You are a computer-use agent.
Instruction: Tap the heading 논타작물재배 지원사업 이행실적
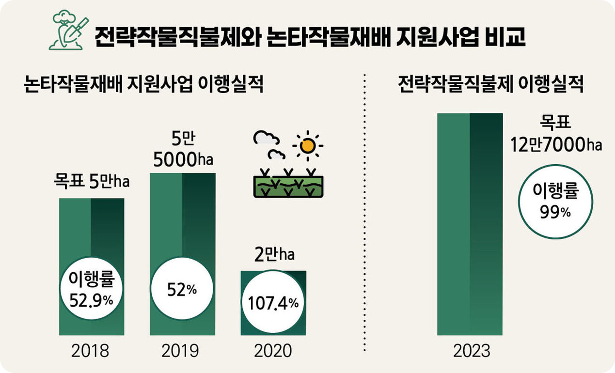pyautogui.click(x=143, y=86)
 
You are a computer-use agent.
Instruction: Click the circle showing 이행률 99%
pyautogui.click(x=555, y=202)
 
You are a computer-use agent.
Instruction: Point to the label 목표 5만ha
pyautogui.click(x=92, y=184)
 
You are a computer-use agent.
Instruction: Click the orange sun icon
pyautogui.click(x=307, y=145)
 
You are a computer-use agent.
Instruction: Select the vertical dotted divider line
pyautogui.click(x=364, y=213)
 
